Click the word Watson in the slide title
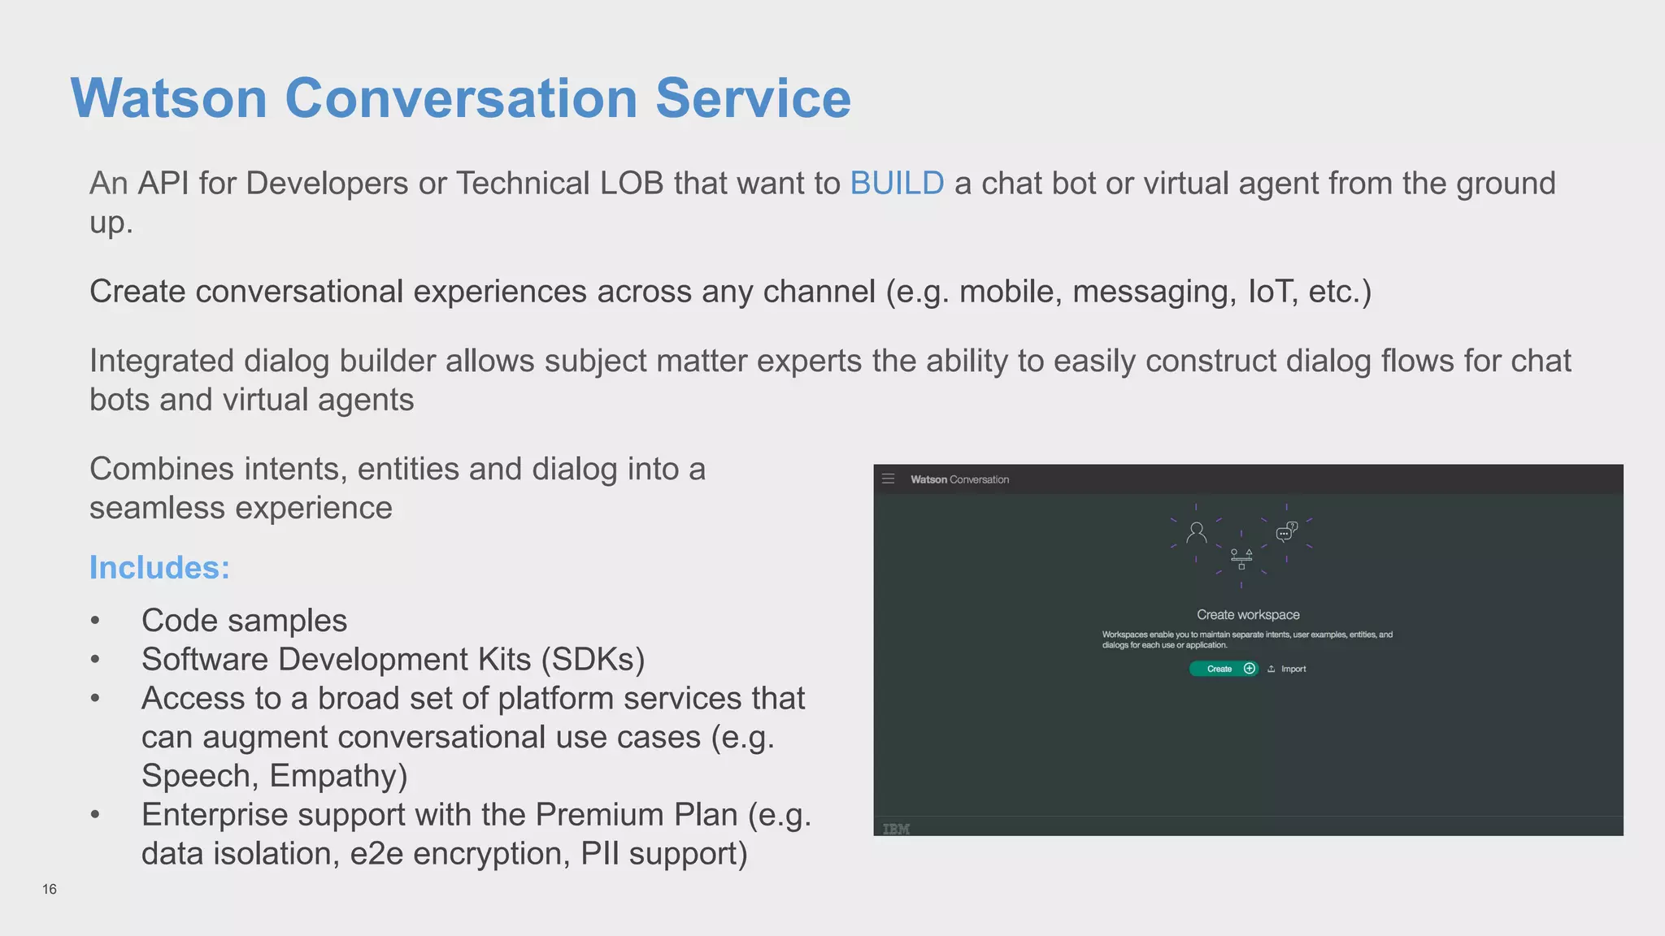coord(169,98)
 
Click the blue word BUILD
coord(897,184)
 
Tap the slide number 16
coord(50,889)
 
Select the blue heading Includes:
coord(159,567)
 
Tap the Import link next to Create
coord(1293,669)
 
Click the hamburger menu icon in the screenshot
coord(888,479)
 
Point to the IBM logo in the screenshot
coord(896,829)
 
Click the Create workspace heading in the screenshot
coord(1248,615)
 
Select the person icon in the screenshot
coord(1196,533)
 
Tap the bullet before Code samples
coord(96,622)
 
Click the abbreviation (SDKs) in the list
coord(593,660)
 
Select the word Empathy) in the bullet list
coord(338,776)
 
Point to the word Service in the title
coord(753,98)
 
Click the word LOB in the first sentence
coord(632,184)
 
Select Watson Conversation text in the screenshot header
coord(959,479)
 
